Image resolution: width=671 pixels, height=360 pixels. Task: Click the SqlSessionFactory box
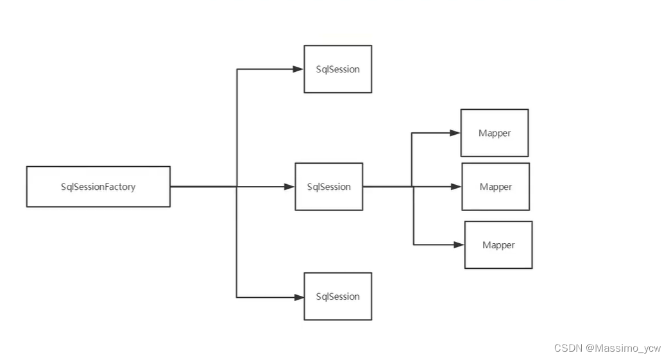click(x=98, y=187)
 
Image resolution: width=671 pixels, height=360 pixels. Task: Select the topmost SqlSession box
click(x=337, y=69)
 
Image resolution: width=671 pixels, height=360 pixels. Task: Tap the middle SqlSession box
click(x=328, y=187)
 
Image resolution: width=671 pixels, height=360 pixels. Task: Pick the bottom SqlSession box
click(x=337, y=296)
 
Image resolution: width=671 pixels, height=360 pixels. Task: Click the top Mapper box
click(x=494, y=133)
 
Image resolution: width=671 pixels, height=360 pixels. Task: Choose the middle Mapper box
click(x=495, y=187)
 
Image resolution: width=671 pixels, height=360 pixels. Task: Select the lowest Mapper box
click(x=498, y=244)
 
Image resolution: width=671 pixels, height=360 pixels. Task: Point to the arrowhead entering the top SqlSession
click(x=298, y=69)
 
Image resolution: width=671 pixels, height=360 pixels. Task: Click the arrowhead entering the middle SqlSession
click(x=289, y=187)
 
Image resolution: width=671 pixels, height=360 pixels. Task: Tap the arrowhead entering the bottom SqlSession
click(x=298, y=297)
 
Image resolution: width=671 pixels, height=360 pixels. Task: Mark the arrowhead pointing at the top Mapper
click(x=455, y=133)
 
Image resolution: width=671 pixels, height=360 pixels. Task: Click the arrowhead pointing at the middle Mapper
click(x=456, y=187)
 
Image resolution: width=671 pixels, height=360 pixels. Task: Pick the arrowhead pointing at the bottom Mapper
click(x=459, y=244)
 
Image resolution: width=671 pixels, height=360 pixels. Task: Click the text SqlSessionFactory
click(x=98, y=187)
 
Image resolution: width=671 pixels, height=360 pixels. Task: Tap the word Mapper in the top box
click(x=495, y=133)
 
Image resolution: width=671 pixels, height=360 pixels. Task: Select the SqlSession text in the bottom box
click(x=338, y=296)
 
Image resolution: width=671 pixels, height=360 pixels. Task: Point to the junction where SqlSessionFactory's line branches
click(x=237, y=187)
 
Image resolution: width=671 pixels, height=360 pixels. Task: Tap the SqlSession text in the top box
click(x=338, y=69)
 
